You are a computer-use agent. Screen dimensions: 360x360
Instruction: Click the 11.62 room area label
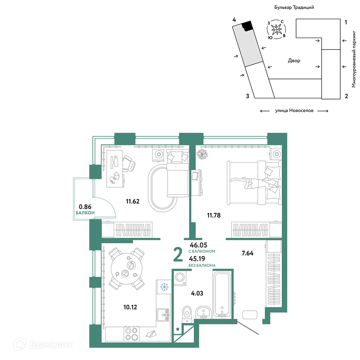(x=132, y=201)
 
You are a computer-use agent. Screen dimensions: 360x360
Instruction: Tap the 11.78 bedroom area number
(x=214, y=215)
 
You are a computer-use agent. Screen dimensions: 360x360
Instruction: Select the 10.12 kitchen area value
(x=130, y=307)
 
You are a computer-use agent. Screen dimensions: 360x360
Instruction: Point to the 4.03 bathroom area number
(x=197, y=293)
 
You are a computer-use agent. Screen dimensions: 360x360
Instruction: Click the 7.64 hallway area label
(x=248, y=253)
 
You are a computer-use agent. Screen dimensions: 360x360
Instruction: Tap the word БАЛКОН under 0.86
(x=85, y=213)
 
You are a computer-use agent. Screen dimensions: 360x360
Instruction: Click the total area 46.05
(x=198, y=245)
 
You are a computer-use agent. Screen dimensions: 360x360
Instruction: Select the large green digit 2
(x=178, y=254)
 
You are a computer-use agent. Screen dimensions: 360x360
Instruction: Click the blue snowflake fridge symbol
(x=164, y=287)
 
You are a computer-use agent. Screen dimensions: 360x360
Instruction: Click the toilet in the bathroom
(x=187, y=314)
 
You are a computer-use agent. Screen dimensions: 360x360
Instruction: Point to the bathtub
(x=222, y=295)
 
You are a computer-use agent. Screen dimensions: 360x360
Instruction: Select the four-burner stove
(x=131, y=333)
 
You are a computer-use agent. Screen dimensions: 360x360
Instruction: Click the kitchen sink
(x=163, y=315)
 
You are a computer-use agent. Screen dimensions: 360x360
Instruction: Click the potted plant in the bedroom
(x=202, y=154)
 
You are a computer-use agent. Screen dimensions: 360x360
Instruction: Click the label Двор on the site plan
(x=294, y=61)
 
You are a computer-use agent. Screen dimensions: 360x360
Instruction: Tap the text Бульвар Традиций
(x=294, y=7)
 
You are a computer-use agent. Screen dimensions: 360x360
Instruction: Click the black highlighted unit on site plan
(x=248, y=26)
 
